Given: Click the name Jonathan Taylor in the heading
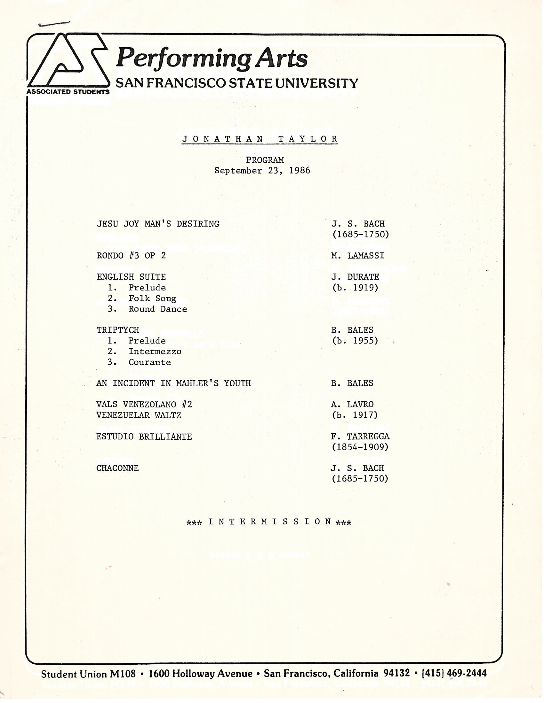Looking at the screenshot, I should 260,139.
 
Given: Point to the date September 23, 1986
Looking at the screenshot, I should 262,171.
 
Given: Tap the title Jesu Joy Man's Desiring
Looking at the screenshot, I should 158,224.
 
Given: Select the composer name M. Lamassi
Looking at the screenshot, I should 358,256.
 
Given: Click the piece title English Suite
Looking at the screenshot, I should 131,277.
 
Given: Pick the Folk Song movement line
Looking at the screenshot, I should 152,299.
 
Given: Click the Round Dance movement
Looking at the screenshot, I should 157,309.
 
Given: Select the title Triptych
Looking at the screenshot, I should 118,330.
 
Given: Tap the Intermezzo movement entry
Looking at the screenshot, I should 155,351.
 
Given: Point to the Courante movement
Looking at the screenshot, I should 149,362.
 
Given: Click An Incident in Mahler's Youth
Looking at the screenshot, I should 173,383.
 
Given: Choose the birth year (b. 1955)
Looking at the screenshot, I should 355,341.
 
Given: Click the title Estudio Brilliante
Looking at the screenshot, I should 144,437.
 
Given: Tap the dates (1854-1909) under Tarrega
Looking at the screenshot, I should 360,447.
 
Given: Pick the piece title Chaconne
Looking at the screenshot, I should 117,468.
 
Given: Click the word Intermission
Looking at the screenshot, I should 269,522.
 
